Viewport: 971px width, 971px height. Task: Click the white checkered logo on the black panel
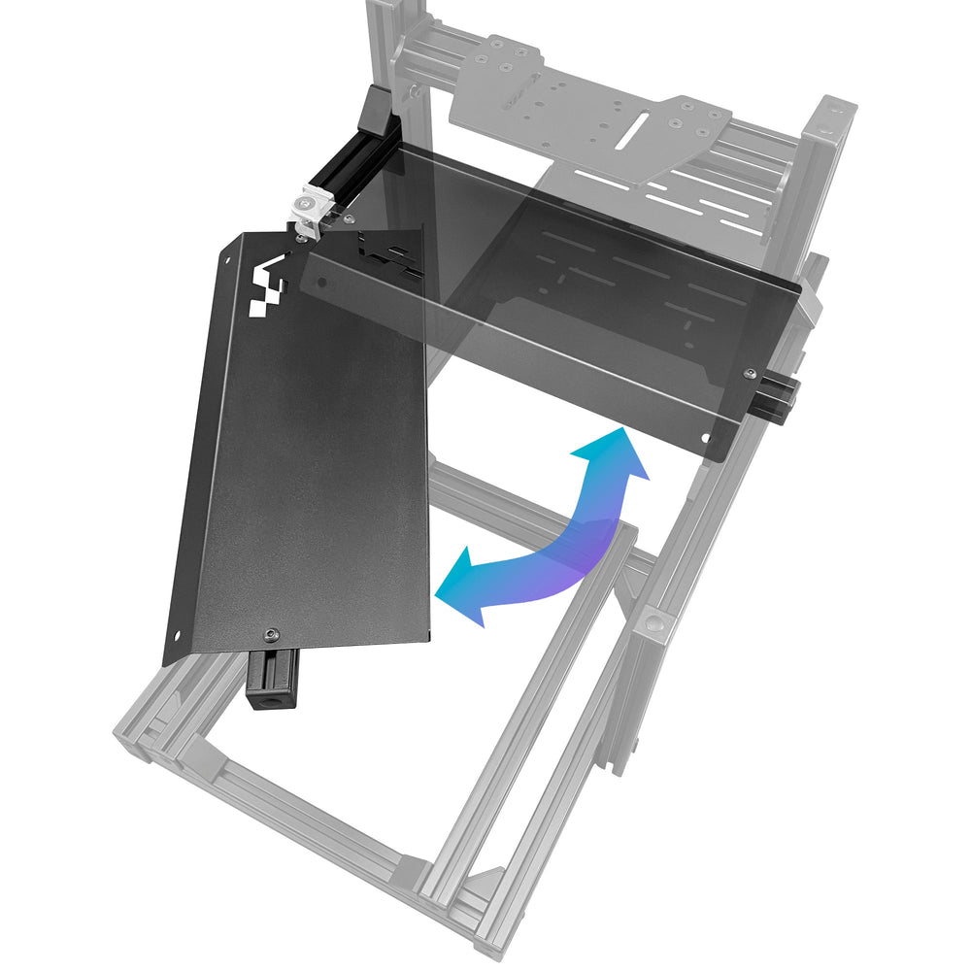pyautogui.click(x=269, y=288)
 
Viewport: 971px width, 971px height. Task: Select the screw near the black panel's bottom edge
pyautogui.click(x=271, y=633)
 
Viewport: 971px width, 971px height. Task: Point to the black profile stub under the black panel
pyautogui.click(x=273, y=680)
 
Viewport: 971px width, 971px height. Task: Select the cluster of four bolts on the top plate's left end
pyautogui.click(x=503, y=58)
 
